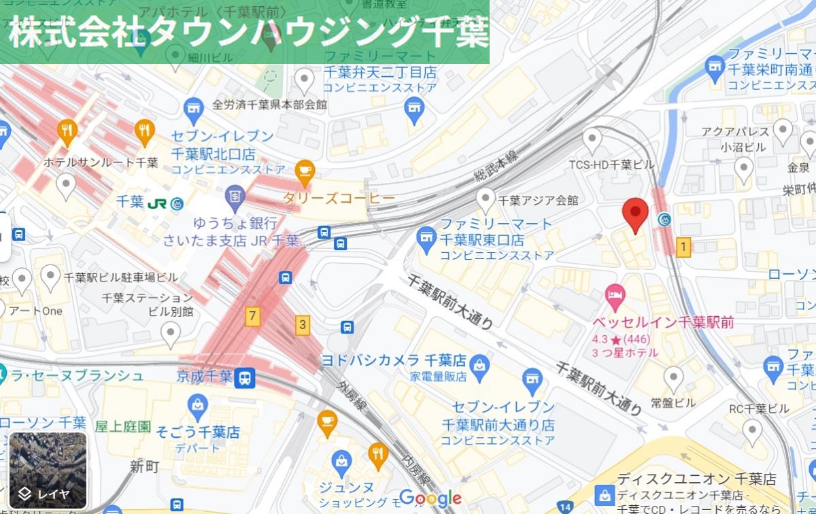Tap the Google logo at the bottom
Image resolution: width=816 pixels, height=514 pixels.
[430, 498]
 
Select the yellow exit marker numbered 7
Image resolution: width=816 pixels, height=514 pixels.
[253, 315]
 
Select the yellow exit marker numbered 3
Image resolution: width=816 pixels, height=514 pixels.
[303, 324]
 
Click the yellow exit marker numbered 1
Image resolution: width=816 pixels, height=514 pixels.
[683, 247]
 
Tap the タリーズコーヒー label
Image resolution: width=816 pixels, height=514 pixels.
[339, 198]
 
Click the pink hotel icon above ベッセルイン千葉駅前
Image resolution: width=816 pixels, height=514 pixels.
[614, 295]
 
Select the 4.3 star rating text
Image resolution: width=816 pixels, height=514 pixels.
[618, 339]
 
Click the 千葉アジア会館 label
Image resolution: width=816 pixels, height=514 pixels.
[538, 201]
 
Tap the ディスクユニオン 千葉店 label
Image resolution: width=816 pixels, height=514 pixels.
[696, 479]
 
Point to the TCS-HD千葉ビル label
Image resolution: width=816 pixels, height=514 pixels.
[611, 165]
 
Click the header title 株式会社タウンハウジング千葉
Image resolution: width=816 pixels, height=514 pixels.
[248, 32]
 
